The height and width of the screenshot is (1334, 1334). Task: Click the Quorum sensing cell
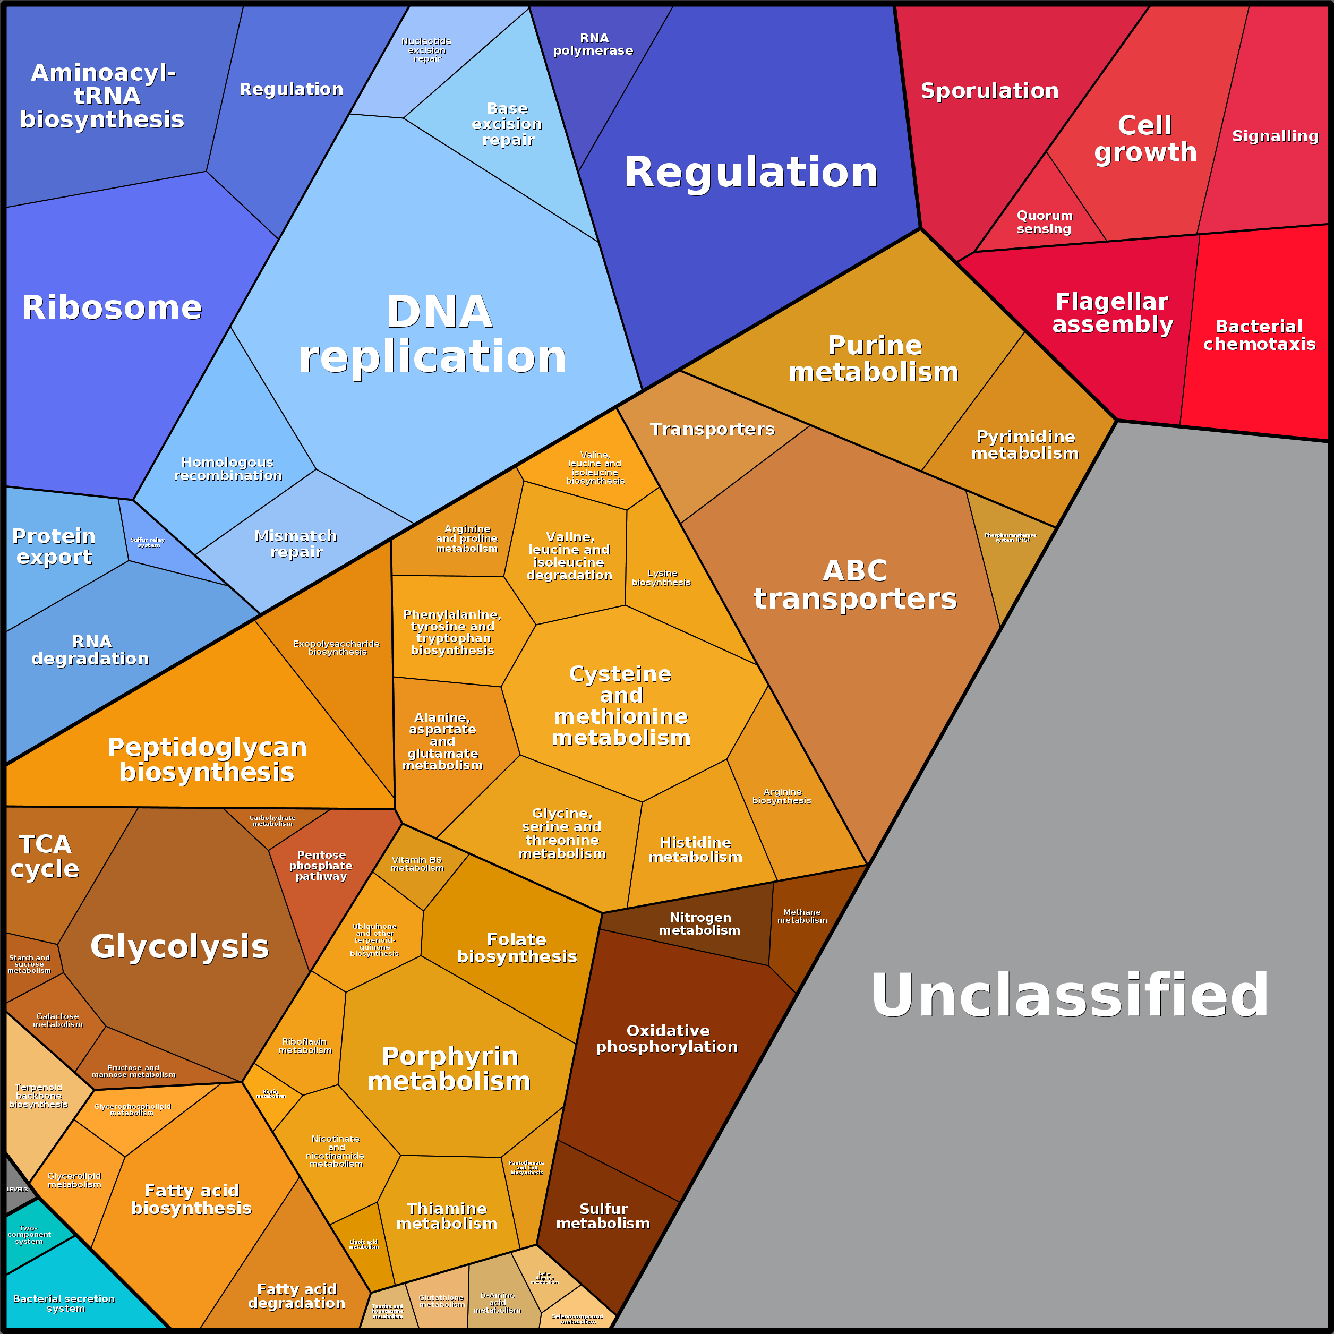tap(1044, 223)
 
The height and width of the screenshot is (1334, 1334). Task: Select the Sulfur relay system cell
tap(148, 543)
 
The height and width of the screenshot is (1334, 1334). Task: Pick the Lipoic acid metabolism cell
tap(363, 1244)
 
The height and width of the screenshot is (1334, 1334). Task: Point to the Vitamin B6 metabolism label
tap(416, 864)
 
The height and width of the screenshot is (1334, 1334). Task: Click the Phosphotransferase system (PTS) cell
tap(1010, 537)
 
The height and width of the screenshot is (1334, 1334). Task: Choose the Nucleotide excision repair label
tap(427, 50)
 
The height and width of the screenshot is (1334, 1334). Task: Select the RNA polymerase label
tap(593, 44)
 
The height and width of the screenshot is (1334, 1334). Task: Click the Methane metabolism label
tap(802, 916)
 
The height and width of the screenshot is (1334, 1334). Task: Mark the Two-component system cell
tap(29, 1235)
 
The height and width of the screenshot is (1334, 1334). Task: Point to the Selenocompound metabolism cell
tap(578, 1318)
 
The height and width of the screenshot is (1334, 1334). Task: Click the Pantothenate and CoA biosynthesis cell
tap(526, 1167)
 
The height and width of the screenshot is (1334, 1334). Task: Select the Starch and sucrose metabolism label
tap(29, 964)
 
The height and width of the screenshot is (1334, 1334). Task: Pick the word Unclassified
tap(1070, 995)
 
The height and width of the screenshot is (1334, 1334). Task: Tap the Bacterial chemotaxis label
tap(1260, 335)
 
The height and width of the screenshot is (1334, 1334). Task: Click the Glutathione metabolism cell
tap(442, 1301)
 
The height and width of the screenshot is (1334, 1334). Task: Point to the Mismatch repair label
tap(296, 543)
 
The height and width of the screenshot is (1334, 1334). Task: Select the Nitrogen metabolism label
tap(699, 924)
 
